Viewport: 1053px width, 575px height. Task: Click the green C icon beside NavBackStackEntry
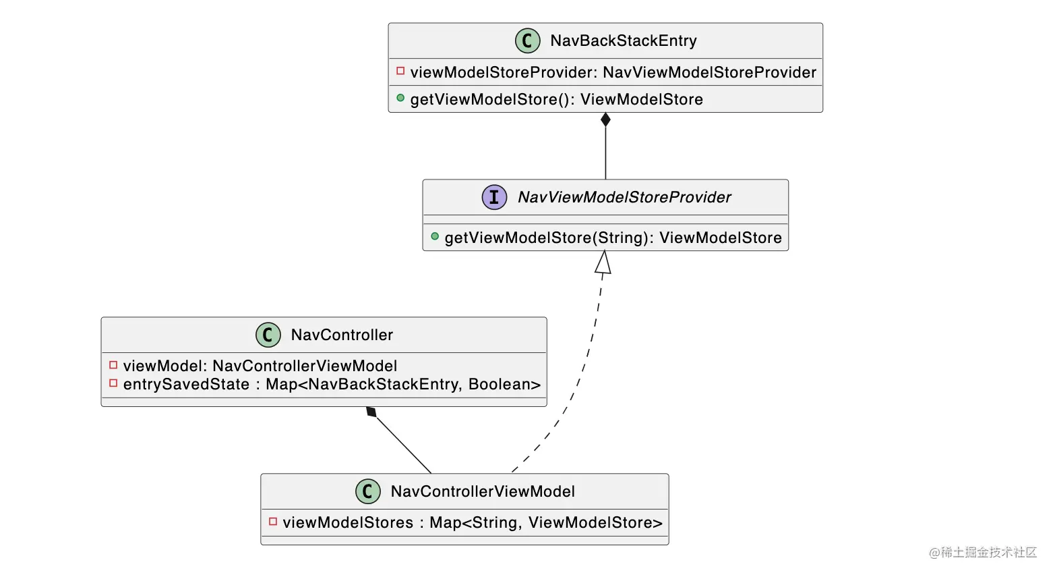click(527, 40)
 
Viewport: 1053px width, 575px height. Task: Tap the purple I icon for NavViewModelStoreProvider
click(494, 197)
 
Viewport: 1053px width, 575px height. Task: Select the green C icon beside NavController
click(268, 335)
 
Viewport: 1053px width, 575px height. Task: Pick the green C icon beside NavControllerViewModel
click(367, 491)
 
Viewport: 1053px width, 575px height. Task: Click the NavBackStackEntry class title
click(623, 40)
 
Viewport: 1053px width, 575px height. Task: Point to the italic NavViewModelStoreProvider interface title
click(624, 197)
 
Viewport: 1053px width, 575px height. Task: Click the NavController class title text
click(341, 335)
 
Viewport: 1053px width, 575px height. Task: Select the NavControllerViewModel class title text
click(483, 491)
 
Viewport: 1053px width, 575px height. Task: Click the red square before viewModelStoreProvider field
click(400, 71)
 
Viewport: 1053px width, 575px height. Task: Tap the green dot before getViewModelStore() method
click(400, 98)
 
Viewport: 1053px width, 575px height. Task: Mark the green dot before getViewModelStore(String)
click(435, 236)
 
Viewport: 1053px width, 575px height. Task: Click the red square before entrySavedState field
click(113, 383)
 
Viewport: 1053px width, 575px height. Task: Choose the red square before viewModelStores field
click(273, 522)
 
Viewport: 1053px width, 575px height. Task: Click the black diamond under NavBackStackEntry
click(605, 120)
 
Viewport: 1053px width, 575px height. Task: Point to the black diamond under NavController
click(371, 412)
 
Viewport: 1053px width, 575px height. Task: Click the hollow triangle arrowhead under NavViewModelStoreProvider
click(603, 263)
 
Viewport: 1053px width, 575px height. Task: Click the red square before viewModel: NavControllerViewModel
click(113, 365)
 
